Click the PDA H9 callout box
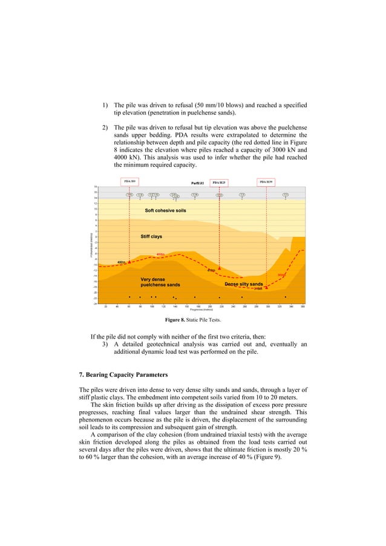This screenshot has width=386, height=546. pyautogui.click(x=129, y=181)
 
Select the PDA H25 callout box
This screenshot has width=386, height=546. pyautogui.click(x=219, y=182)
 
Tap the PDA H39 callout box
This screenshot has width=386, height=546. pyautogui.click(x=266, y=181)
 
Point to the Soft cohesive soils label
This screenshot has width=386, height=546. pyautogui.click(x=165, y=210)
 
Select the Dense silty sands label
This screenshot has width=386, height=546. pyautogui.click(x=243, y=284)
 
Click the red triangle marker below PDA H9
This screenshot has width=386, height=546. pyautogui.click(x=129, y=262)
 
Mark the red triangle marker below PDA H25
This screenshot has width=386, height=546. pyautogui.click(x=220, y=267)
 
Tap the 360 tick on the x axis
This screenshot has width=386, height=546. pyautogui.click(x=303, y=306)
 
